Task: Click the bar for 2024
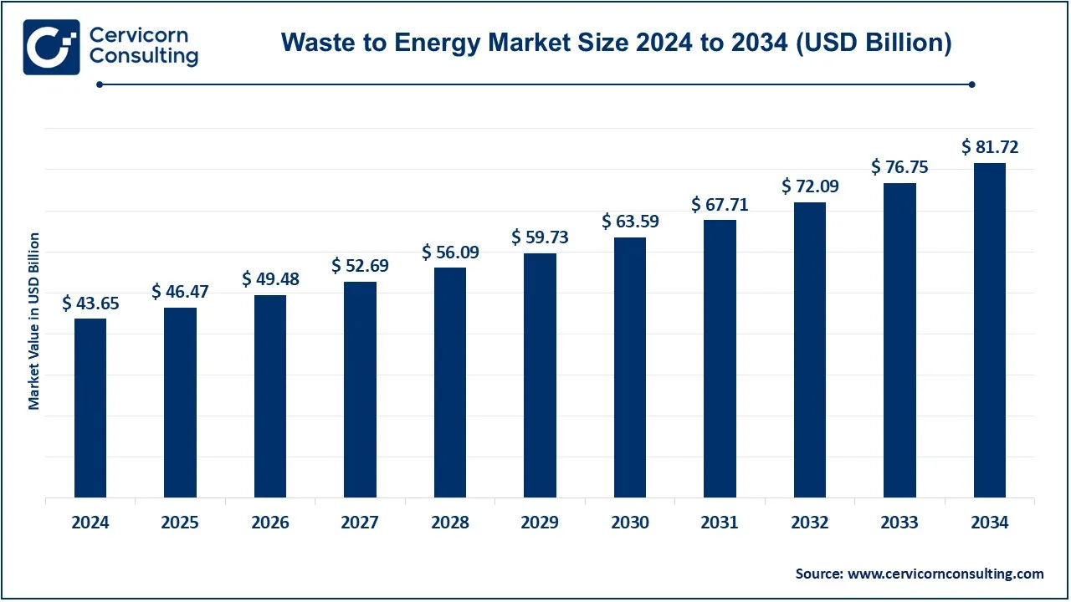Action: point(90,408)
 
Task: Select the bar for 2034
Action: point(990,330)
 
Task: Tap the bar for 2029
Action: point(540,375)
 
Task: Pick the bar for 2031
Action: point(720,359)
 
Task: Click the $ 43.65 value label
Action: point(90,304)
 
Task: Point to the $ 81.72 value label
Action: point(990,148)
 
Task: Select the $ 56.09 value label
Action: point(450,253)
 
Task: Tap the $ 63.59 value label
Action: point(630,222)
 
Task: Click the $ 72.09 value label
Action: point(810,186)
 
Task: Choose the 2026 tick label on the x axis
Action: point(270,523)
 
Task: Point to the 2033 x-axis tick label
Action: point(899,523)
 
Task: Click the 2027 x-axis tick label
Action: point(360,523)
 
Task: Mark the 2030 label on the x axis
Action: point(630,523)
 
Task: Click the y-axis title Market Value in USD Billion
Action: point(34,322)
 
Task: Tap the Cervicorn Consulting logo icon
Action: point(51,47)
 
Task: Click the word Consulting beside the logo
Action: point(143,57)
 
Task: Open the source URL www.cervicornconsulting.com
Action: point(945,574)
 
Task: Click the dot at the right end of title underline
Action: point(971,84)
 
